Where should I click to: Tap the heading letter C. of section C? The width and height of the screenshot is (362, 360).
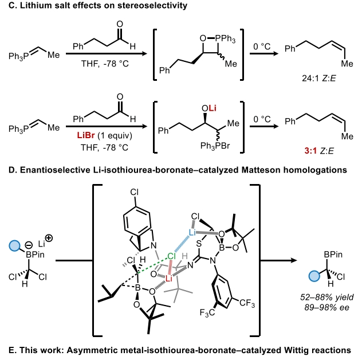pyautogui.click(x=6, y=7)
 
